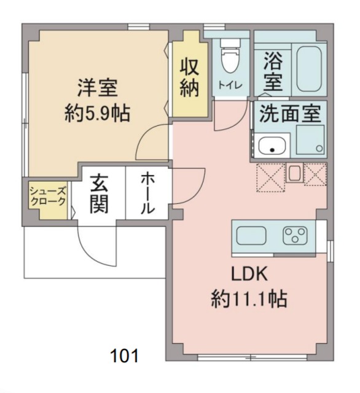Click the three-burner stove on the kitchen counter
coord(295,235)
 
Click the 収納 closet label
coord(189,77)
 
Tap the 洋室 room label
coord(97,88)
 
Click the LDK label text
coord(248,274)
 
